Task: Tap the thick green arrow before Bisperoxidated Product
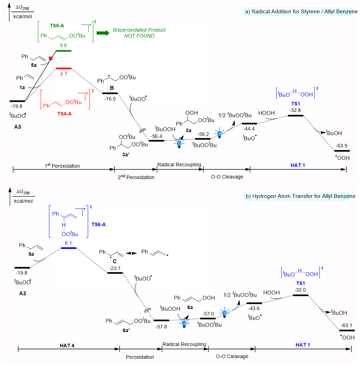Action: point(103,33)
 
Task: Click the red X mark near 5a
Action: point(51,58)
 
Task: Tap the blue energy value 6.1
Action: point(68,242)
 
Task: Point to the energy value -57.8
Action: point(161,326)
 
